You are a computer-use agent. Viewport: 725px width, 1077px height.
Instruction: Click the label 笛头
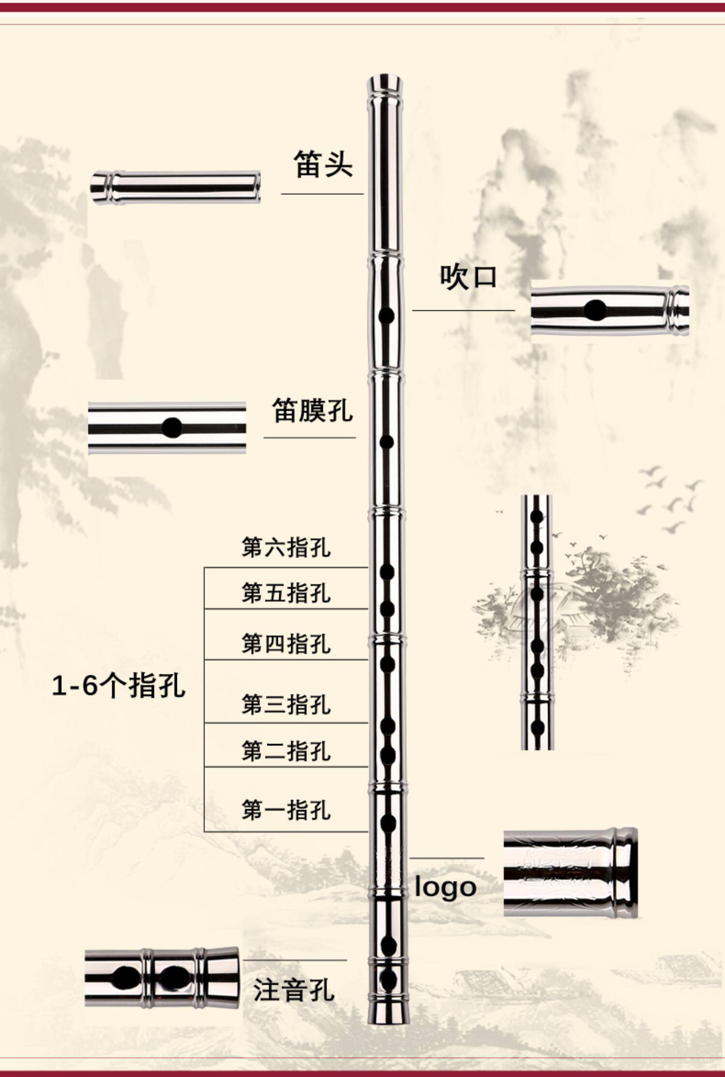[323, 164]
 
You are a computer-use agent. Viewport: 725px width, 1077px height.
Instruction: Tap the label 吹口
[468, 277]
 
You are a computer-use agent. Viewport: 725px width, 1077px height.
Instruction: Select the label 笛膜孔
[312, 410]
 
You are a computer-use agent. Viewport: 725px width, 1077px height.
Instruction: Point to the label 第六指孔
[286, 548]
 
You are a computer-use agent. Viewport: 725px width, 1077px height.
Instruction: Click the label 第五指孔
[286, 593]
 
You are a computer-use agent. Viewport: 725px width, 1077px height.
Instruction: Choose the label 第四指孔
[286, 643]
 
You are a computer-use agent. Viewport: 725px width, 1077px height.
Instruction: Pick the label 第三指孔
[286, 704]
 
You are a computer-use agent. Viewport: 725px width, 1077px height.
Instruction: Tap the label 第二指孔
[286, 751]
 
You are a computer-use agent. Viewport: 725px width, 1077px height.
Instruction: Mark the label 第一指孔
[286, 810]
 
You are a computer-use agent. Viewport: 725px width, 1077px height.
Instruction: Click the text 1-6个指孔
[118, 685]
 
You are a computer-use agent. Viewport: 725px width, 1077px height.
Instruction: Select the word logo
[446, 888]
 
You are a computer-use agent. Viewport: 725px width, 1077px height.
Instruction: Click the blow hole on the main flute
[386, 316]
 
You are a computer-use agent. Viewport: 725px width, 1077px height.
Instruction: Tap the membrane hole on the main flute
[386, 441]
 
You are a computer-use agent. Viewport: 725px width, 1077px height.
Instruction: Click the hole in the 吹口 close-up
[594, 310]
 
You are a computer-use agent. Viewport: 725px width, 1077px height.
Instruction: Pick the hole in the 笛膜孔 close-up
[172, 427]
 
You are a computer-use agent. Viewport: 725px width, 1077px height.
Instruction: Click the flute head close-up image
[175, 188]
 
